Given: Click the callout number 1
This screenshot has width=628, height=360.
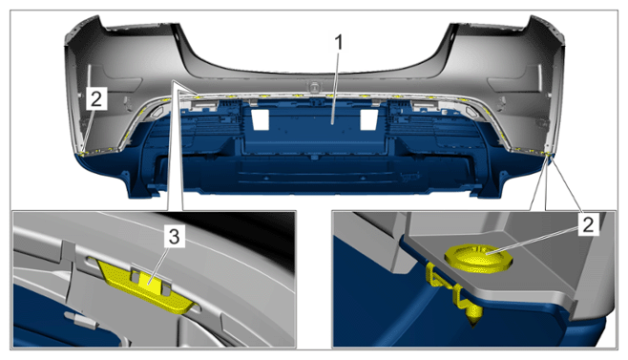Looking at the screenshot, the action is pyautogui.click(x=339, y=43).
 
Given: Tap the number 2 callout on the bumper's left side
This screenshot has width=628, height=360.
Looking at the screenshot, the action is pyautogui.click(x=96, y=98).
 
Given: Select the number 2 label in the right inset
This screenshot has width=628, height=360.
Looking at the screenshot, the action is pyautogui.click(x=588, y=224).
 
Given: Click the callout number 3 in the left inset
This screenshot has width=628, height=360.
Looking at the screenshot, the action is pyautogui.click(x=174, y=237).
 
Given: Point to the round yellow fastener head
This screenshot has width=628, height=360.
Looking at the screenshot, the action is pyautogui.click(x=479, y=258).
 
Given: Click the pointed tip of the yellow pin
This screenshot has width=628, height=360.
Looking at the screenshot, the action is pyautogui.click(x=473, y=327).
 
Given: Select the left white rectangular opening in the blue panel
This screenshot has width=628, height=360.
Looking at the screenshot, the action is pyautogui.click(x=260, y=119).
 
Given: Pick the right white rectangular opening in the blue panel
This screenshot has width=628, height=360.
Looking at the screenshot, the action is pyautogui.click(x=368, y=119).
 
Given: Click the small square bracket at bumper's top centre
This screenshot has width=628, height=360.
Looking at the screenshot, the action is pyautogui.click(x=314, y=86).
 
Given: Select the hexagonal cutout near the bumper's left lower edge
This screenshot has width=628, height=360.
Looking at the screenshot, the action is pyautogui.click(x=157, y=112).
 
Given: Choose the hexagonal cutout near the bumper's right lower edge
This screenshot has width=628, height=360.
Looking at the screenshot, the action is pyautogui.click(x=471, y=113).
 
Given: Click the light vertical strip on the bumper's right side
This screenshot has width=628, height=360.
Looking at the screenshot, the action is pyautogui.click(x=539, y=72).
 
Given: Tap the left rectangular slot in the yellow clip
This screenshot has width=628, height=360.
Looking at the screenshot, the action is pyautogui.click(x=136, y=276).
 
